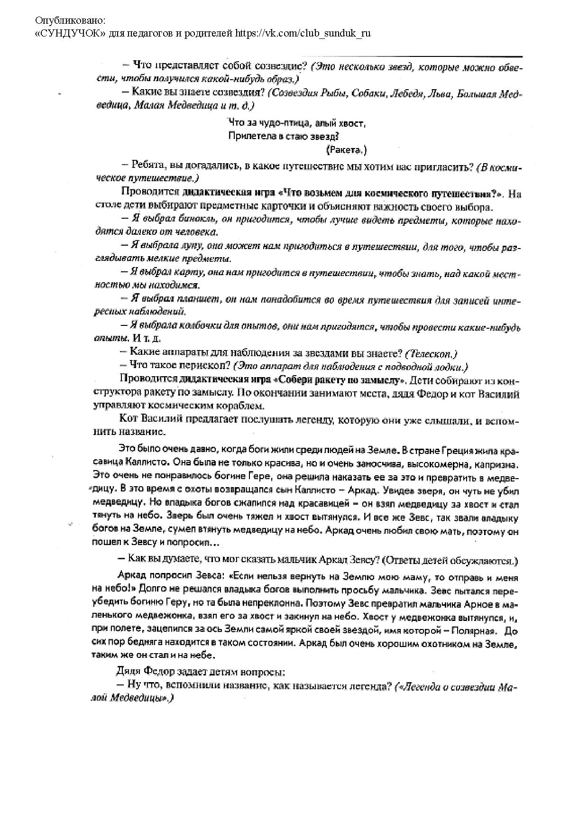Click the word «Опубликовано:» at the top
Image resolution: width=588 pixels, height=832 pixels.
click(x=71, y=20)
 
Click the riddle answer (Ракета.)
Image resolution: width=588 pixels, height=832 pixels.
click(x=347, y=150)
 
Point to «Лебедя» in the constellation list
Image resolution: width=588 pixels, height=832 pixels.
click(x=404, y=94)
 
